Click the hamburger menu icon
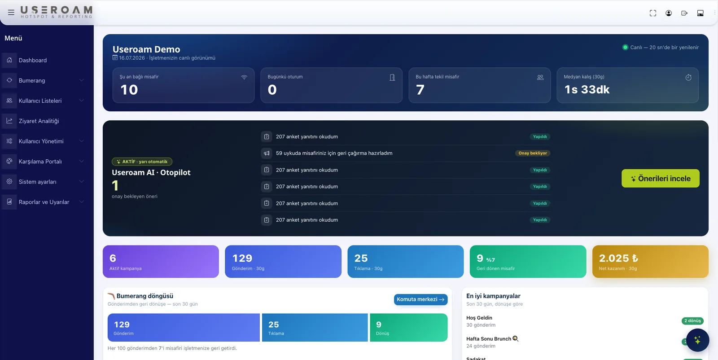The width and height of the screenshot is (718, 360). pyautogui.click(x=11, y=13)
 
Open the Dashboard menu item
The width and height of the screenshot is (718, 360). pyautogui.click(x=32, y=60)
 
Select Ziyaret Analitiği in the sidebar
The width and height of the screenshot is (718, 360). pyautogui.click(x=39, y=121)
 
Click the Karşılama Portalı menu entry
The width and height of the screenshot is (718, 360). pyautogui.click(x=40, y=161)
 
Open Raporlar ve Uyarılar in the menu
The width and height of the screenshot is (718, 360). pyautogui.click(x=44, y=202)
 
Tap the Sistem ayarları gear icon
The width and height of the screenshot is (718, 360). pyautogui.click(x=9, y=181)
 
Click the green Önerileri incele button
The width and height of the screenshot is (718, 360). pyautogui.click(x=660, y=179)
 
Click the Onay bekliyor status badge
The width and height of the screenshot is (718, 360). pyautogui.click(x=532, y=153)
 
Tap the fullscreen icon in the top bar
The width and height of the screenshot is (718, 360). pyautogui.click(x=653, y=13)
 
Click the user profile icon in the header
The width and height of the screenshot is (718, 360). pyautogui.click(x=669, y=13)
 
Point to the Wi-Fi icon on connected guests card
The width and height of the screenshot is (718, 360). pyautogui.click(x=244, y=77)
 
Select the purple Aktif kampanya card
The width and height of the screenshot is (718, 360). pyautogui.click(x=161, y=262)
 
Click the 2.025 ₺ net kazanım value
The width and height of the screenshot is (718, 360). pyautogui.click(x=618, y=258)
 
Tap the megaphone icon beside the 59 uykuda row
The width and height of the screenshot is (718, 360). pyautogui.click(x=267, y=153)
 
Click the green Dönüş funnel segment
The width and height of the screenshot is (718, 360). pyautogui.click(x=409, y=327)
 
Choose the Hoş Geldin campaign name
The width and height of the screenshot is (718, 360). pyautogui.click(x=479, y=318)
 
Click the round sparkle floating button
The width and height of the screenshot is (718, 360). pyautogui.click(x=697, y=340)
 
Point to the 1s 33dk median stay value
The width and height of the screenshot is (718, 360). pyautogui.click(x=587, y=89)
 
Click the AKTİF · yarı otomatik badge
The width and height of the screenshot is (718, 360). pyautogui.click(x=142, y=162)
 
